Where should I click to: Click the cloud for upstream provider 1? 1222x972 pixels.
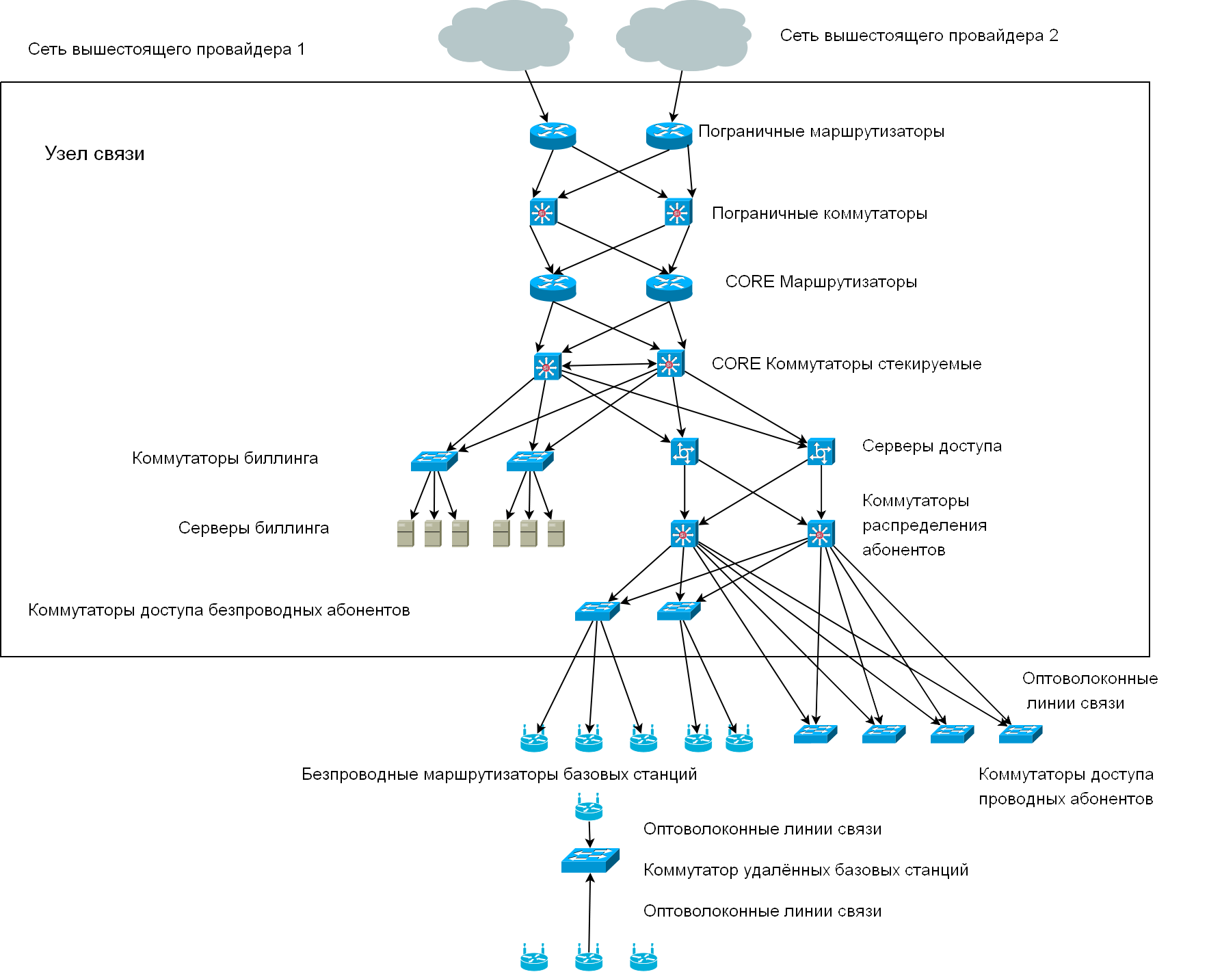tap(505, 36)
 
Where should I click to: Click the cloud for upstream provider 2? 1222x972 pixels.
tap(683, 36)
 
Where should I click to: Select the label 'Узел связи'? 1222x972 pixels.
tap(94, 153)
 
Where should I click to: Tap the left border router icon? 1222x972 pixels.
tap(553, 135)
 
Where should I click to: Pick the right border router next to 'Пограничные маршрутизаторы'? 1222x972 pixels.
tap(669, 135)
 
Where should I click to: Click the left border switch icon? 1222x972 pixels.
tap(543, 212)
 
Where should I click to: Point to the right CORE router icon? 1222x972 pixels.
tap(669, 287)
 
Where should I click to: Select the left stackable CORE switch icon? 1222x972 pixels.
tap(547, 367)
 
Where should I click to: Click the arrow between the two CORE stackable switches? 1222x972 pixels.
tap(609, 365)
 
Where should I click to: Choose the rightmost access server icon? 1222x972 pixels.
tap(821, 451)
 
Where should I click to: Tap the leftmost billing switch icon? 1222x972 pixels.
tap(434, 460)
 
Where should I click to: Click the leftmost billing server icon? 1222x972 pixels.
tap(406, 534)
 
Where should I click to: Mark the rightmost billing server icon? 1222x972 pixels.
tap(556, 534)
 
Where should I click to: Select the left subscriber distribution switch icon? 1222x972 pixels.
tap(684, 534)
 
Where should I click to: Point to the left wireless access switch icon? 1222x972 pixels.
tap(597, 611)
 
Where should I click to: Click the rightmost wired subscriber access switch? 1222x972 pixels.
tap(1020, 734)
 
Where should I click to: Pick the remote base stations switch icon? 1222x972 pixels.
tap(590, 861)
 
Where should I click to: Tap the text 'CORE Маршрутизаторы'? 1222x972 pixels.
tap(821, 282)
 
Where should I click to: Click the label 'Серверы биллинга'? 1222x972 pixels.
tap(254, 528)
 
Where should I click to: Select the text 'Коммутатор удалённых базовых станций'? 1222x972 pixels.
tap(806, 870)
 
